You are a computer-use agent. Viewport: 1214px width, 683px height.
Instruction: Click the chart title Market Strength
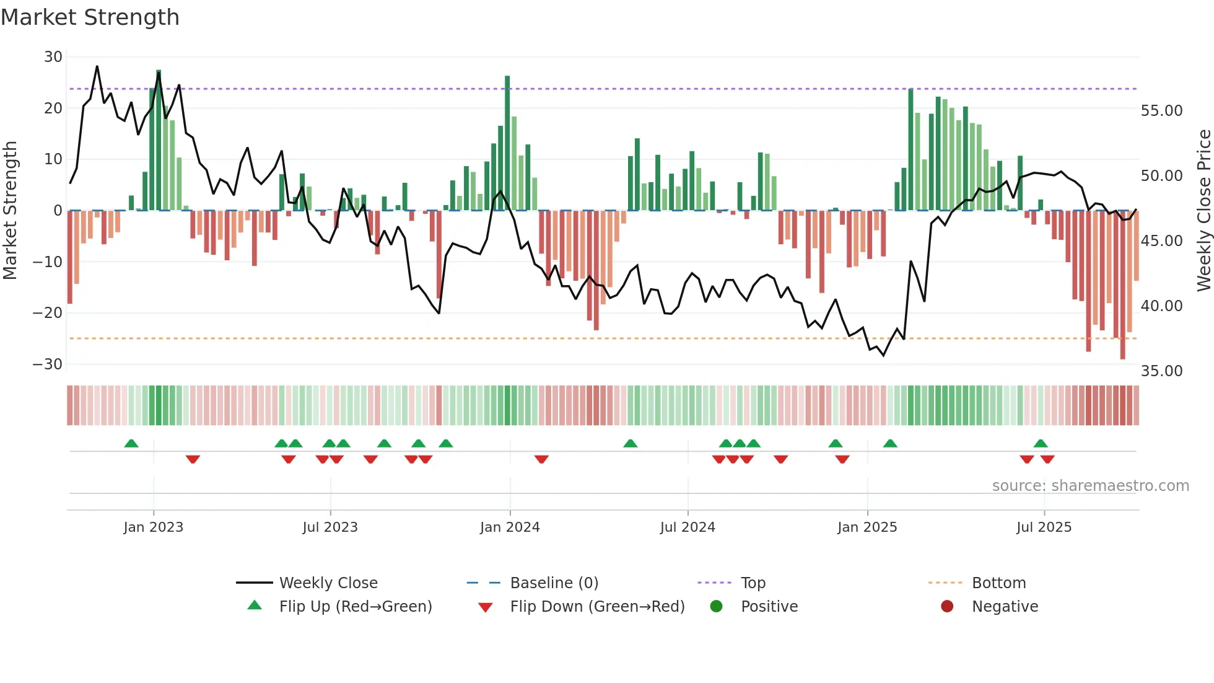90,17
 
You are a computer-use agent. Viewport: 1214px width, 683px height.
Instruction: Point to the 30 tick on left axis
53,57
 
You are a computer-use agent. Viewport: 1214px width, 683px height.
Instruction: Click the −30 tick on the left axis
48,364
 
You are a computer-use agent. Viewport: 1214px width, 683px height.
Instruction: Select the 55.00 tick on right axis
1161,111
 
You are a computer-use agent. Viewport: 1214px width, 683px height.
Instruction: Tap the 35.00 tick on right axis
1161,371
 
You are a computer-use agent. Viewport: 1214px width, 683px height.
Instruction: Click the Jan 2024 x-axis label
510,527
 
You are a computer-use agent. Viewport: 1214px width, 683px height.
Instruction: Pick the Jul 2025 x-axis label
1044,527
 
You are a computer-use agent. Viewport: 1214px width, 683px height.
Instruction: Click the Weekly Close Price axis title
1203,211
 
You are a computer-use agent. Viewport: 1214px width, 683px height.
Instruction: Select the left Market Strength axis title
10,211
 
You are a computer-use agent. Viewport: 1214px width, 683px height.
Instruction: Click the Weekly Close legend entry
328,583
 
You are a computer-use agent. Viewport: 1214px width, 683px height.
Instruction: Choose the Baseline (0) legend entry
554,583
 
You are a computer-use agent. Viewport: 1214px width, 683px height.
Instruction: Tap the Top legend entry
753,583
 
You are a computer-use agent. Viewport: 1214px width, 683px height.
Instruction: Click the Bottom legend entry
998,583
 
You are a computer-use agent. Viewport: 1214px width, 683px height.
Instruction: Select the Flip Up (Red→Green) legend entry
355,607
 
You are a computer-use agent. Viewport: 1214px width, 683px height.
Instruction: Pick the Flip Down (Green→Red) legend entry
597,607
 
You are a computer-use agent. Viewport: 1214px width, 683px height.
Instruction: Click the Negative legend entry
1005,607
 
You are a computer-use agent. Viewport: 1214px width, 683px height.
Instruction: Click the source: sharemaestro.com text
1090,486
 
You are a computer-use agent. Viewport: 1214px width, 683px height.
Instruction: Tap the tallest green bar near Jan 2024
507,143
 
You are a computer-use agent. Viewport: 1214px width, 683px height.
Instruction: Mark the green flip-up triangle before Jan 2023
131,444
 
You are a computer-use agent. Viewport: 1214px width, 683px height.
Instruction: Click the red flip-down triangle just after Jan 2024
541,459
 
